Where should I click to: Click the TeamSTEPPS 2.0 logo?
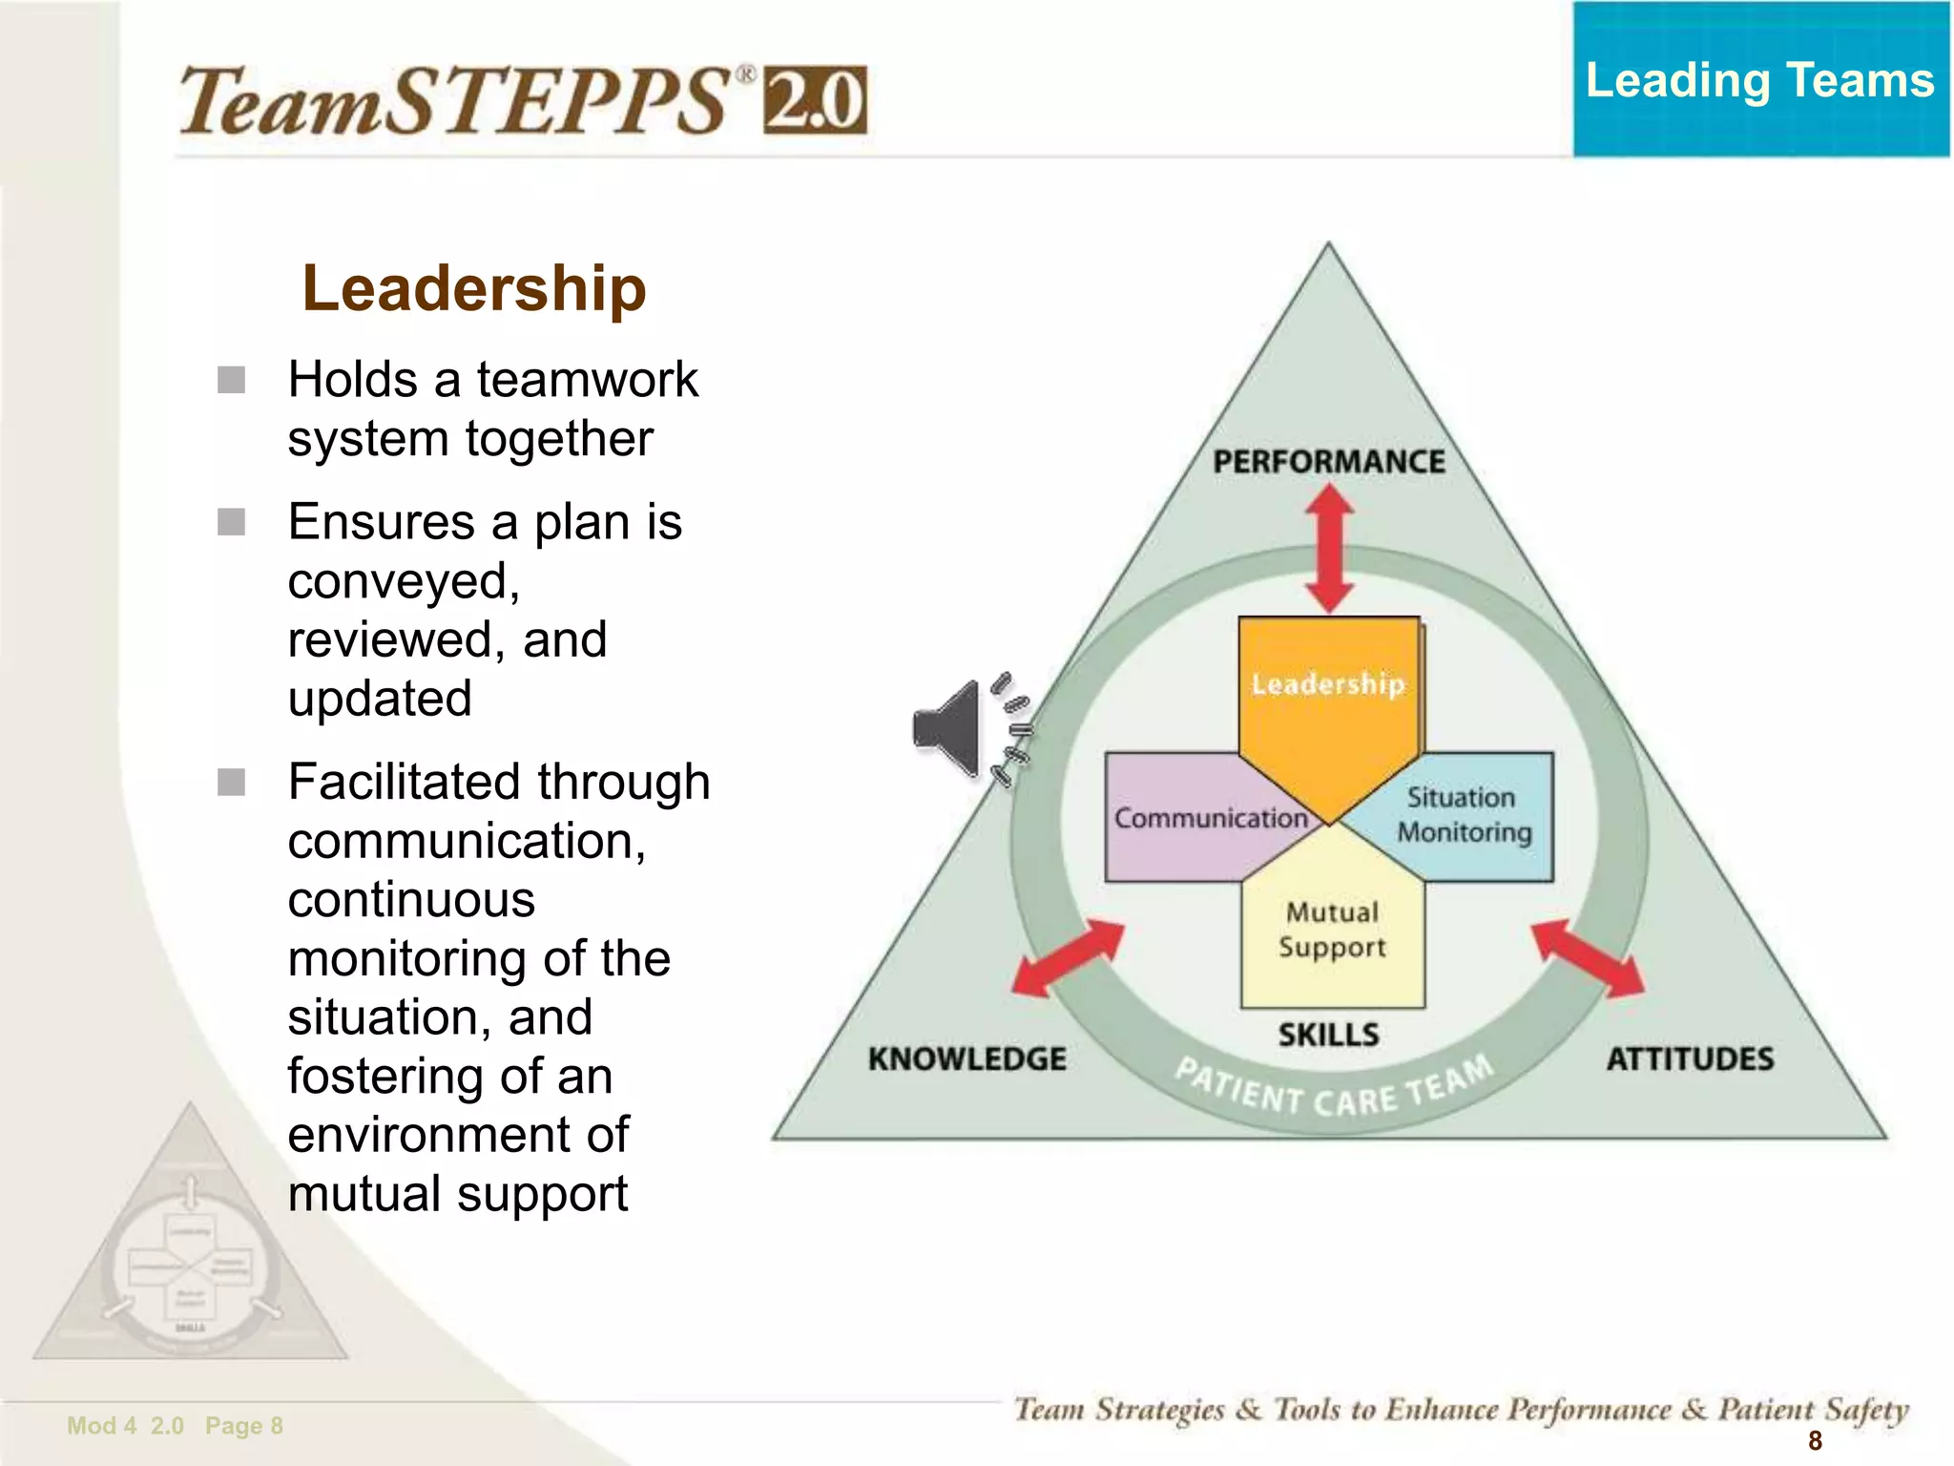[x=523, y=100]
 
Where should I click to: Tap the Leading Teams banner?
[x=1760, y=80]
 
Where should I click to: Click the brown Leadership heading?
[x=474, y=288]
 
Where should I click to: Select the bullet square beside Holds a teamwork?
[x=231, y=380]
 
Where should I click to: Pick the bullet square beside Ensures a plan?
[x=231, y=522]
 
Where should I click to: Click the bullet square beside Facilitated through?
[x=231, y=783]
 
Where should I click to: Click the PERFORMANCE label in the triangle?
[x=1328, y=462]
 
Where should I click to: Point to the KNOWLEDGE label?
[x=967, y=1058]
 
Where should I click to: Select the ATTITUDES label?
[x=1690, y=1058]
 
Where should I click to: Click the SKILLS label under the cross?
[x=1328, y=1035]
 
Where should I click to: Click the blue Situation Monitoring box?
[x=1465, y=815]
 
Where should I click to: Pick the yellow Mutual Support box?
[x=1332, y=931]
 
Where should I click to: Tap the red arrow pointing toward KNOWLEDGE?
[x=1068, y=958]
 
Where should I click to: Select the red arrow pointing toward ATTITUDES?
[x=1588, y=957]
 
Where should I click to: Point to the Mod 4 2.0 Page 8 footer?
[x=175, y=1426]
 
